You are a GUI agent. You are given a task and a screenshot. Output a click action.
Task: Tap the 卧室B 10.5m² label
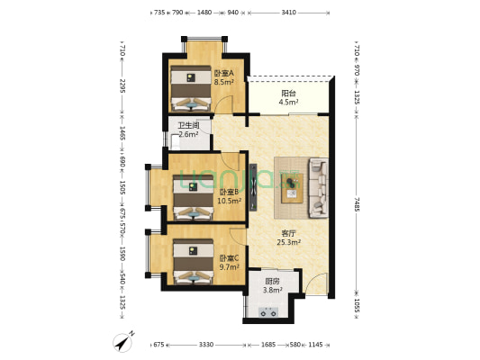229,196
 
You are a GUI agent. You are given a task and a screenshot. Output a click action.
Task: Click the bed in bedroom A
190,85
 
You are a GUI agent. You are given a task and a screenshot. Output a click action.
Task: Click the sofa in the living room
319,187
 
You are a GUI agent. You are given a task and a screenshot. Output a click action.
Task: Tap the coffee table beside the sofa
292,187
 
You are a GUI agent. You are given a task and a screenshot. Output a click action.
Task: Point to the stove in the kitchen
267,312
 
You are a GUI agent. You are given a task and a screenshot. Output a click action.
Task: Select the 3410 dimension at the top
288,13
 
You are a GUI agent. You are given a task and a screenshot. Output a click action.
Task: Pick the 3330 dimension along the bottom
206,344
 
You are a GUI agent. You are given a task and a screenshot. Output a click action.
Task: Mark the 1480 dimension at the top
204,13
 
